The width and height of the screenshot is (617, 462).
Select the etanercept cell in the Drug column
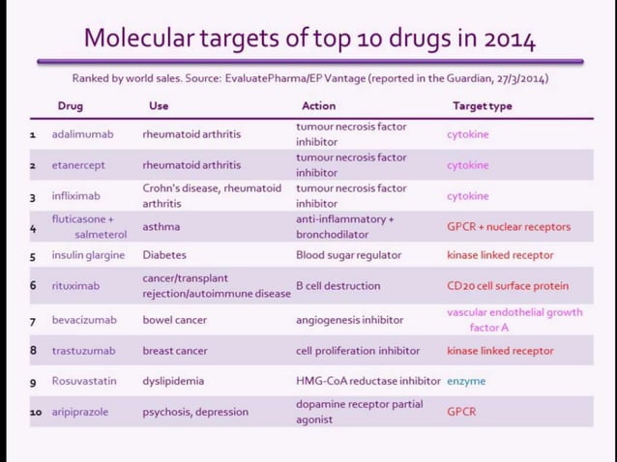[x=78, y=165]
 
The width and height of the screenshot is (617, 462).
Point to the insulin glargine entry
[x=88, y=255]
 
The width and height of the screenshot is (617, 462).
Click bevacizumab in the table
[x=84, y=320]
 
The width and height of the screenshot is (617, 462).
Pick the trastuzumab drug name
[x=83, y=350]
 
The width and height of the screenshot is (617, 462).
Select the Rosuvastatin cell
[x=84, y=381]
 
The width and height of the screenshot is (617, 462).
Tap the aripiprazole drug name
[x=80, y=412]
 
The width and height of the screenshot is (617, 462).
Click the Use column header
[x=159, y=105]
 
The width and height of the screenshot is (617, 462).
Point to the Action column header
[x=318, y=105]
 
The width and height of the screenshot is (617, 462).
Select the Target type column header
[x=482, y=105]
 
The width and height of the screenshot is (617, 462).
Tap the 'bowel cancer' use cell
[x=175, y=320]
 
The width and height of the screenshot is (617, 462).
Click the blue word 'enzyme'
[x=466, y=381]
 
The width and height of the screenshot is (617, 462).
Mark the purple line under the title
[x=309, y=62]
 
